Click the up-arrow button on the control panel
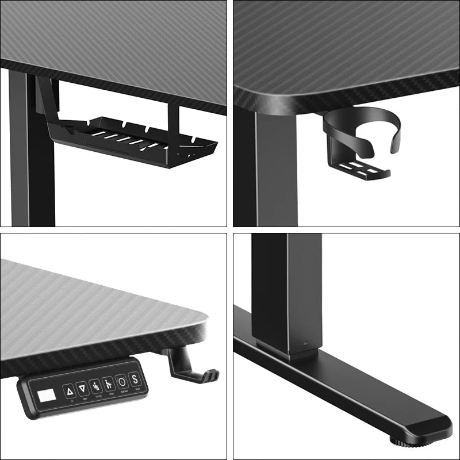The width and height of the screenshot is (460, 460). (x=70, y=391)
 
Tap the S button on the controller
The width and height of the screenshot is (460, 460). (x=135, y=379)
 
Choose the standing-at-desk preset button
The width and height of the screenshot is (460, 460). (x=108, y=384)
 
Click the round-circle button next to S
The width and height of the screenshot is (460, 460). (x=121, y=381)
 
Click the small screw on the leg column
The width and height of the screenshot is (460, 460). (x=306, y=346)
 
